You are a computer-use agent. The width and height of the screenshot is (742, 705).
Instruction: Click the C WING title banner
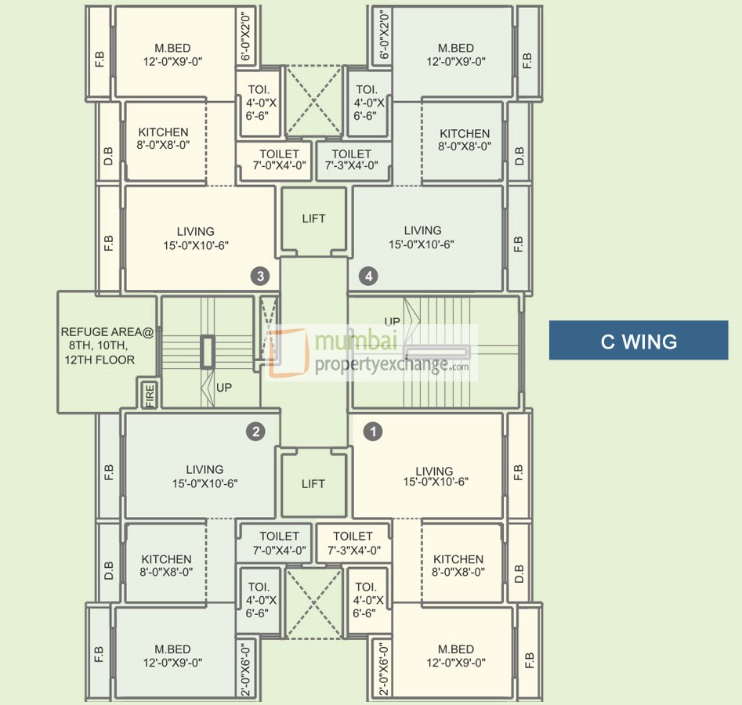[639, 340]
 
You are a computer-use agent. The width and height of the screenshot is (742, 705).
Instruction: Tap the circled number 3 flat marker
[260, 276]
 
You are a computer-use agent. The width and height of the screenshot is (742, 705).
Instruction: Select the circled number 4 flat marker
[368, 276]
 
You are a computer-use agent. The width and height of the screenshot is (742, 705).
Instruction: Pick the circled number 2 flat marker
[256, 431]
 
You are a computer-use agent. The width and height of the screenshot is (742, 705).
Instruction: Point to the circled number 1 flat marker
[373, 431]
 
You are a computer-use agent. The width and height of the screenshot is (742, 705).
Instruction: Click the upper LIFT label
[313, 219]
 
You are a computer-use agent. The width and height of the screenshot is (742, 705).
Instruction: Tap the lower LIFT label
[313, 483]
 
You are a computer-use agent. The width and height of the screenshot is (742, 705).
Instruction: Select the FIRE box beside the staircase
[149, 393]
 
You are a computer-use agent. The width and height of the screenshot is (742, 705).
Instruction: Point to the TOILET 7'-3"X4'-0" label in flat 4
[352, 160]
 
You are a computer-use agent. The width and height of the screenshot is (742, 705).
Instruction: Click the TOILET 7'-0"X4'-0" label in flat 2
[279, 543]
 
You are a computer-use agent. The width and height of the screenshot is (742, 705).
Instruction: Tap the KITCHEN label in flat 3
[163, 132]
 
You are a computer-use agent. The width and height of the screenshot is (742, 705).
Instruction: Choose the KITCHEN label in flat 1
[458, 559]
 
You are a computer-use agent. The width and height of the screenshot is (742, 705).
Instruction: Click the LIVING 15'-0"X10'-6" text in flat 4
[422, 237]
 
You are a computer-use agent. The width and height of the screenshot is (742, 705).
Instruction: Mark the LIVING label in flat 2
[205, 469]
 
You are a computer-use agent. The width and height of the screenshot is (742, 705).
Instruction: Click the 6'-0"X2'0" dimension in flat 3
[245, 37]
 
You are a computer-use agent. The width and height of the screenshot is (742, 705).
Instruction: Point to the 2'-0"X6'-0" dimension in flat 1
[384, 668]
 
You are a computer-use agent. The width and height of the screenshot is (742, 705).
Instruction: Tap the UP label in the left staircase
[224, 388]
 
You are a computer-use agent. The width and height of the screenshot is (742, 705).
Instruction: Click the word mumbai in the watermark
[356, 341]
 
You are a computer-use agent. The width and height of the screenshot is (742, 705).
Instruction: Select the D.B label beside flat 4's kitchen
[519, 156]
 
